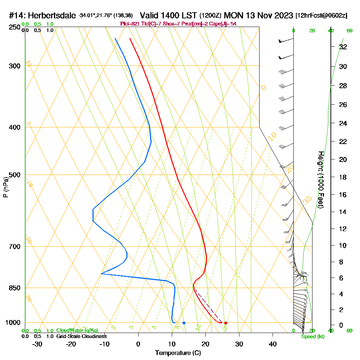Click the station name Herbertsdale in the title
click(52, 16)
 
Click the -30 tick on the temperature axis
click(37, 344)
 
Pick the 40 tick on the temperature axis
click(273, 344)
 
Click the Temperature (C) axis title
click(178, 353)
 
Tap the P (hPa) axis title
click(5, 187)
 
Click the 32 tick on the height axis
click(343, 47)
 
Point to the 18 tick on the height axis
click(343, 177)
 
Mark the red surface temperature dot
click(226, 323)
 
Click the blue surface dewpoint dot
click(184, 323)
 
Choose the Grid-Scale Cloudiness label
click(81, 336)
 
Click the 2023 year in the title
click(282, 16)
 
